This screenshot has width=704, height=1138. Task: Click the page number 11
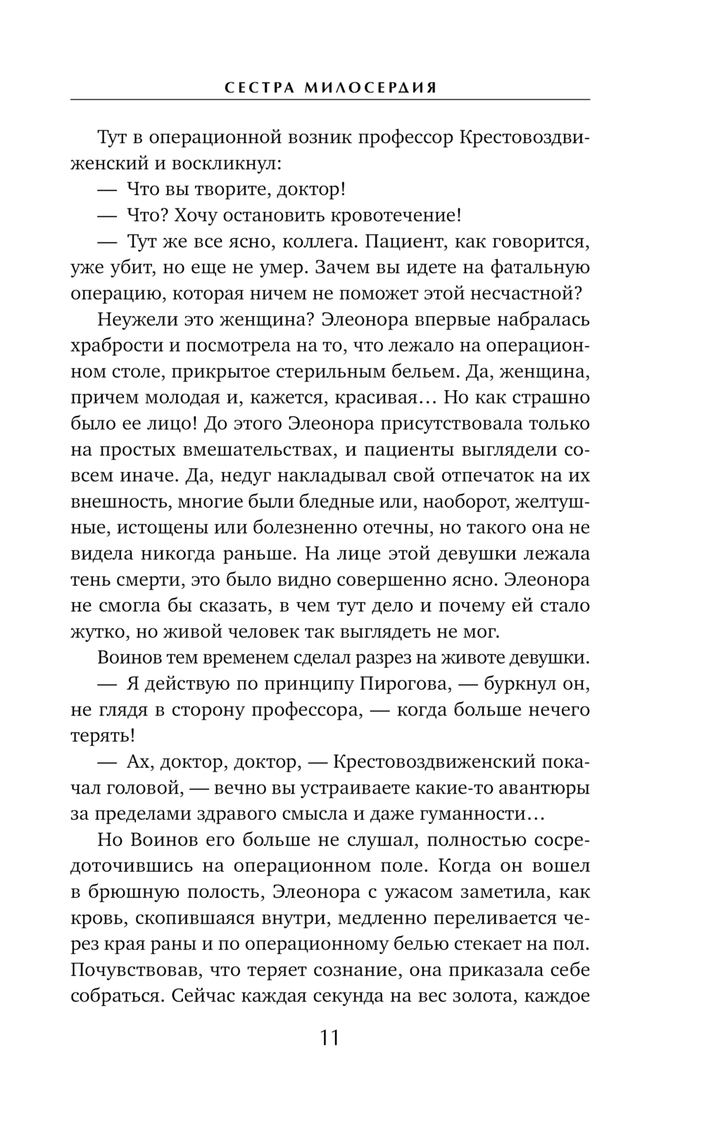click(x=329, y=1037)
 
